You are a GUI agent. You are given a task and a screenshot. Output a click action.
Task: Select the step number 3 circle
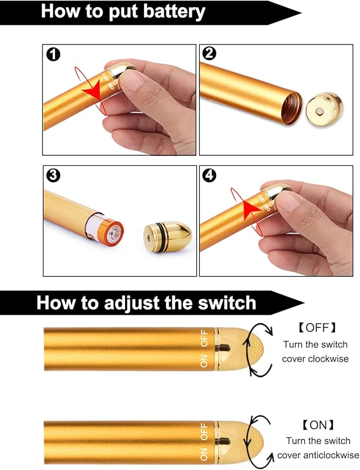point(53,175)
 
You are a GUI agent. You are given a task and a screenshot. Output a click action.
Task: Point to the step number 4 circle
point(209,175)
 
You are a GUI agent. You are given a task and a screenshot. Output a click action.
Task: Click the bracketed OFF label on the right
point(318,328)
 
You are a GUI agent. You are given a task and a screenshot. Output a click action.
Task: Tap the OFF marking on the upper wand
point(204,338)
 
